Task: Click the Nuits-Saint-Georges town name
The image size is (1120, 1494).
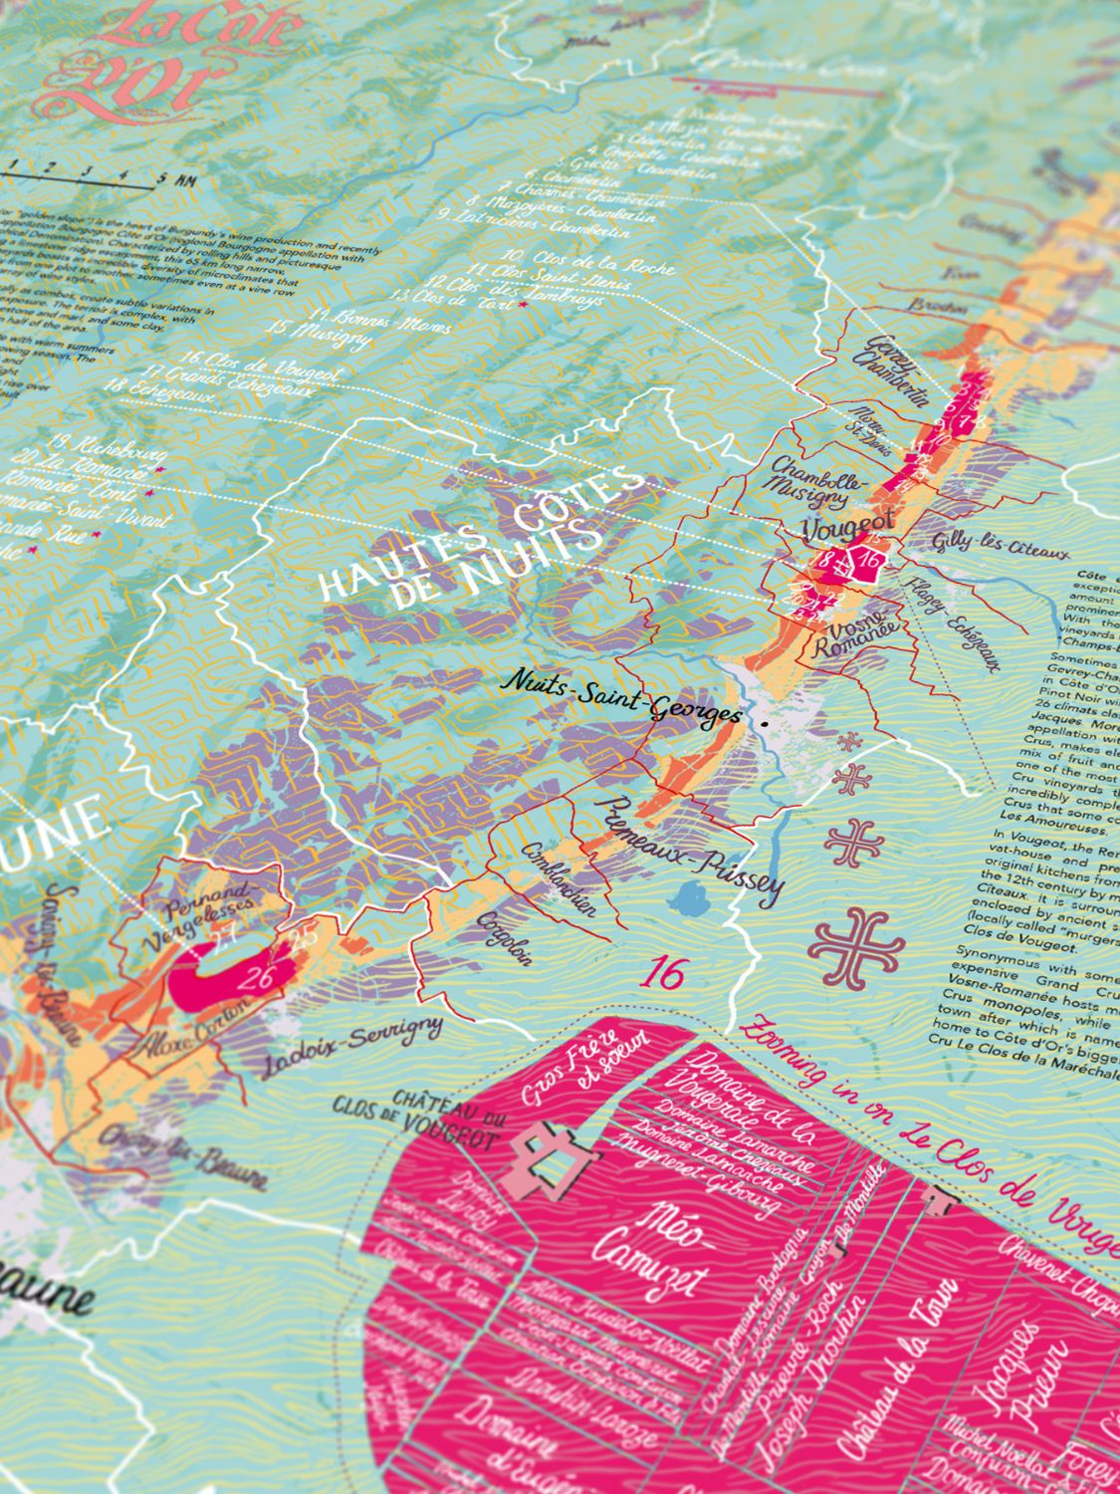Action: [x=622, y=696]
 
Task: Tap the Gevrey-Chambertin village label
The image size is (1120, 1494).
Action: [x=893, y=372]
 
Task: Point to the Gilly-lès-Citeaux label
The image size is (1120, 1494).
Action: [x=1000, y=546]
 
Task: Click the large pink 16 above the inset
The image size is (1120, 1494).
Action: [x=664, y=973]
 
